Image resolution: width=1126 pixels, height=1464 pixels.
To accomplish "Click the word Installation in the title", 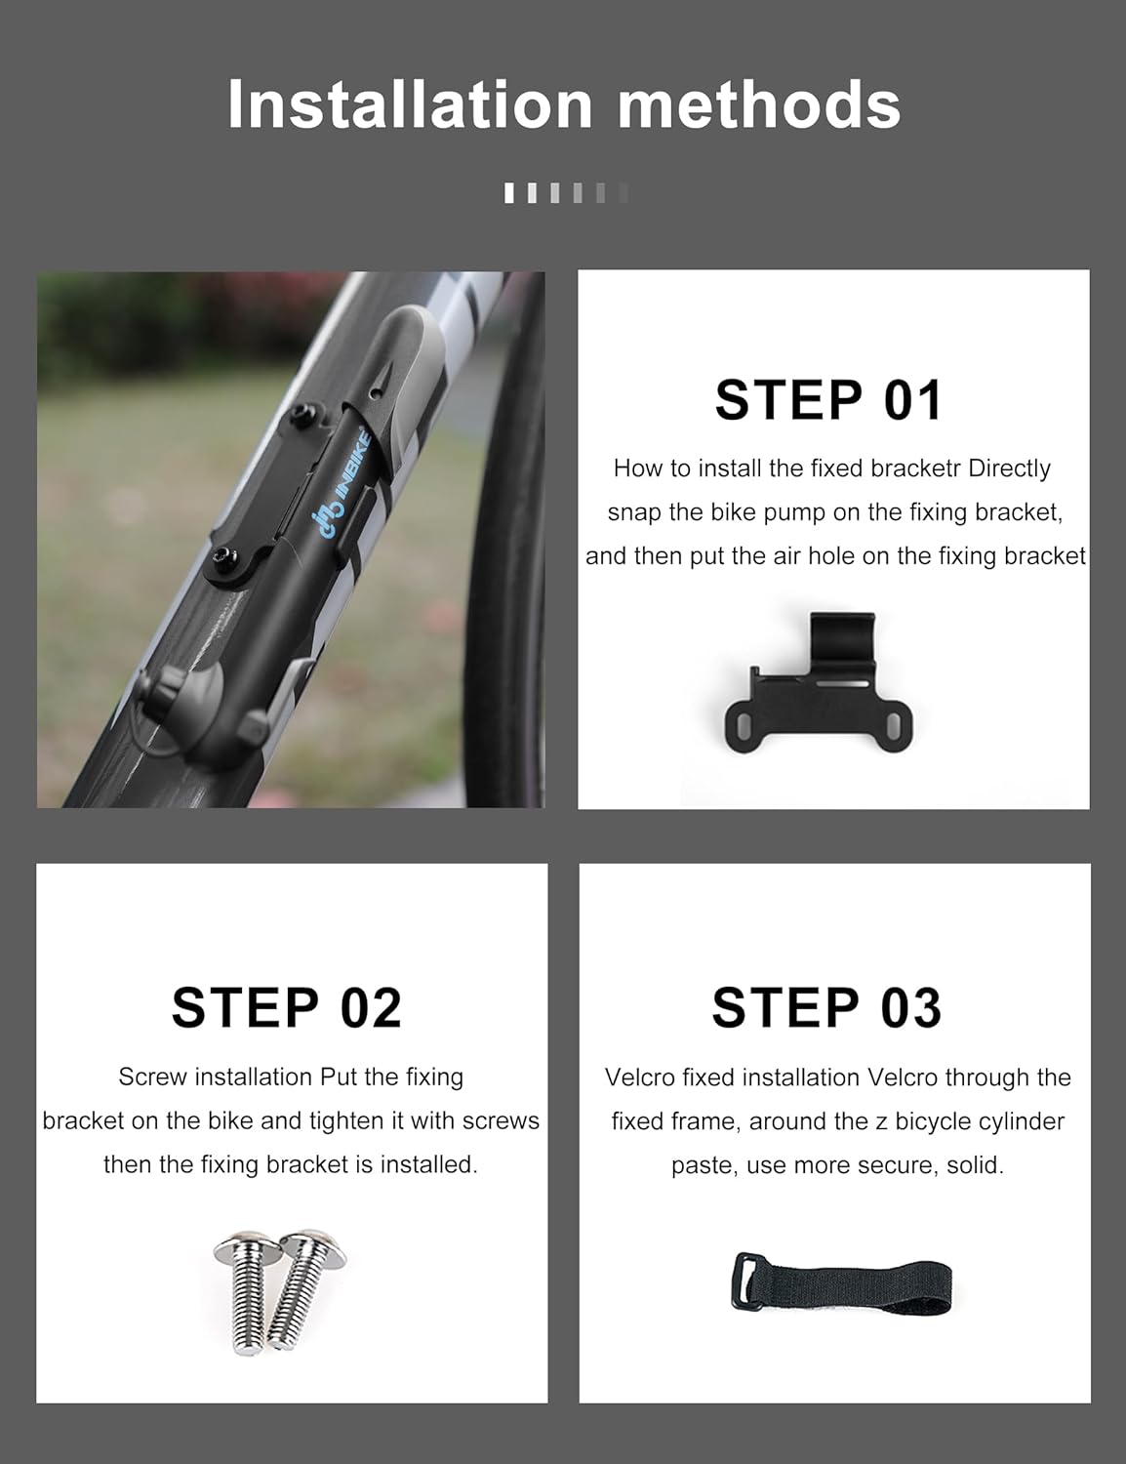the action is pyautogui.click(x=410, y=104).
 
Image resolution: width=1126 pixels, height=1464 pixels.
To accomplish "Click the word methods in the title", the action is pyautogui.click(x=760, y=104).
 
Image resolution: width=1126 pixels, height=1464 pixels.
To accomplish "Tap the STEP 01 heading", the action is pyautogui.click(x=827, y=400).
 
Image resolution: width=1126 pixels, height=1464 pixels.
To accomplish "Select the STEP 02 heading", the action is pyautogui.click(x=287, y=1008).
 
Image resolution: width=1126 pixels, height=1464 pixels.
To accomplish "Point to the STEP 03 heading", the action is pyautogui.click(x=827, y=1008).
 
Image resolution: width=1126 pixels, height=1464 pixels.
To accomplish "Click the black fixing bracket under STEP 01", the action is pyautogui.click(x=819, y=684).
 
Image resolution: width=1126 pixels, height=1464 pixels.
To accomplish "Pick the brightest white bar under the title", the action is pyautogui.click(x=509, y=192).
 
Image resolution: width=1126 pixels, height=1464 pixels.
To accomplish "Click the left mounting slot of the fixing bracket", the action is pyautogui.click(x=744, y=728).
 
